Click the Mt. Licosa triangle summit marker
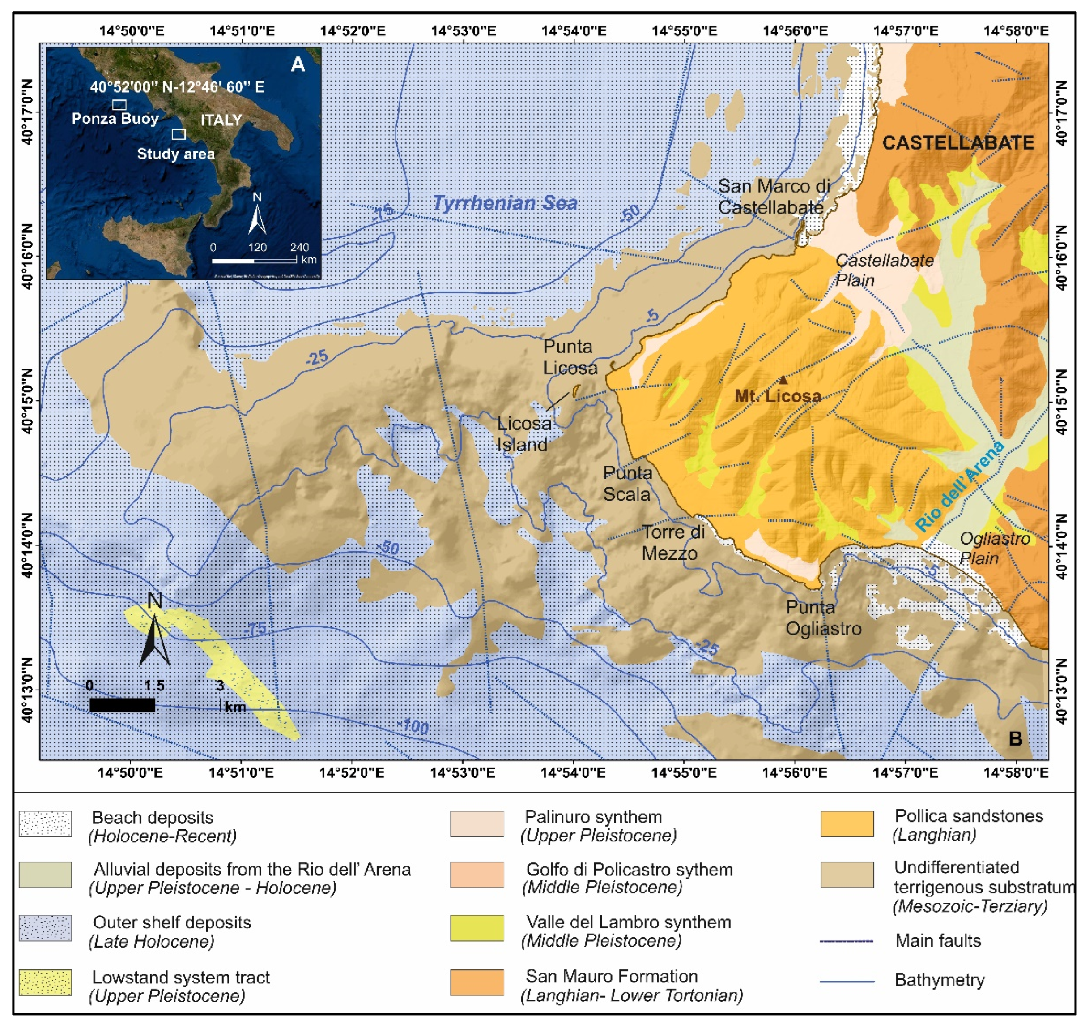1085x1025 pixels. click(x=783, y=380)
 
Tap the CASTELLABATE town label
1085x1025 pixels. click(x=958, y=143)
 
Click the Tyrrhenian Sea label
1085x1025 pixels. click(x=505, y=203)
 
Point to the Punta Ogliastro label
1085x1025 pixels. click(x=823, y=618)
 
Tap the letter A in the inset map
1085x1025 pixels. click(x=298, y=64)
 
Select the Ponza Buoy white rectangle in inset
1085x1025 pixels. click(x=119, y=104)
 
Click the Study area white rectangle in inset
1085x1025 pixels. click(x=179, y=134)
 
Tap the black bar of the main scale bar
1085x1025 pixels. click(x=122, y=705)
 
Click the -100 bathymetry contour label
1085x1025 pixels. click(x=413, y=726)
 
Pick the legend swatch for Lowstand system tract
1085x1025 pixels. click(x=45, y=982)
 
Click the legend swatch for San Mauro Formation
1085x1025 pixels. click(x=477, y=982)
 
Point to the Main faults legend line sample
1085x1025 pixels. click(x=847, y=941)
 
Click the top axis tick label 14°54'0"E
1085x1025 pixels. click(x=573, y=30)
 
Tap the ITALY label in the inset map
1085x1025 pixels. click(x=221, y=120)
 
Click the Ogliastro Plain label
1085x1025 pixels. click(x=994, y=549)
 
